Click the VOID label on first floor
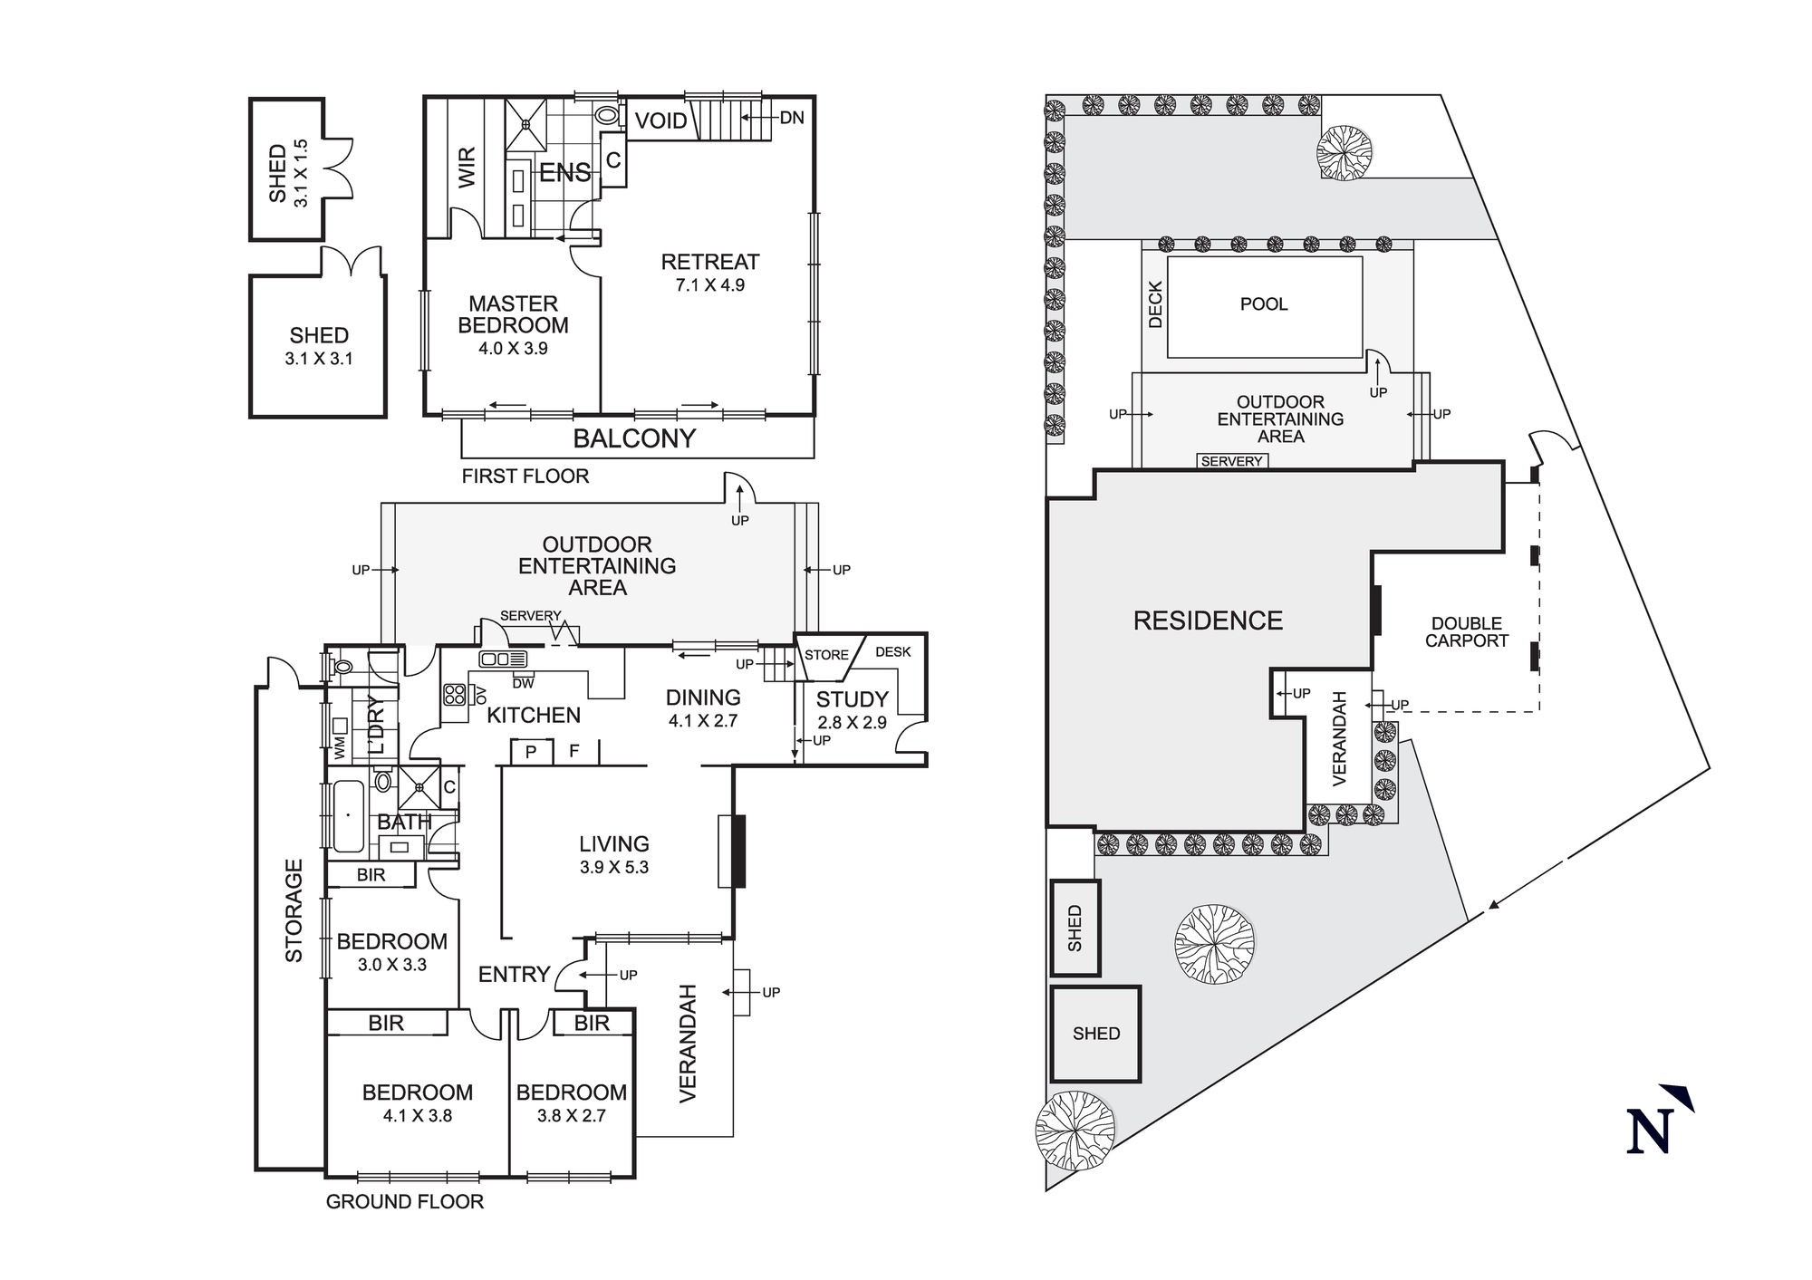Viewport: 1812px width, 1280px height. pos(660,121)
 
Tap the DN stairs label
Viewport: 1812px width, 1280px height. pos(791,118)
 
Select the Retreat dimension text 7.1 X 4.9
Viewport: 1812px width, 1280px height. pos(709,285)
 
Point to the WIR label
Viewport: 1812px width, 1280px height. pos(467,168)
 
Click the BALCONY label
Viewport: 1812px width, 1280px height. pos(634,438)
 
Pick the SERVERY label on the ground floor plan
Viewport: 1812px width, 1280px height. pos(530,616)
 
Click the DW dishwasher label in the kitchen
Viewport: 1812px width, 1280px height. pos(523,683)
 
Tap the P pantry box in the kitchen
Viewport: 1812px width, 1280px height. pos(531,752)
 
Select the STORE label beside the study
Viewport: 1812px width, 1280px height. pos(826,655)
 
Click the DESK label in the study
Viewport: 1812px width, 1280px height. pos(892,652)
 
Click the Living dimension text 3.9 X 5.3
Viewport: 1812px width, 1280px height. pos(614,868)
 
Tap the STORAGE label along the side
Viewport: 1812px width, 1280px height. pos(294,910)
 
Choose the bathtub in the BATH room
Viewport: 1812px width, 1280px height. pos(348,816)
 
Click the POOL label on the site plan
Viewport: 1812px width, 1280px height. pos(1264,304)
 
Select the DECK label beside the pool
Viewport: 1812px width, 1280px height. pos(1155,304)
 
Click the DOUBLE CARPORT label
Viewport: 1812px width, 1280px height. pos(1466,632)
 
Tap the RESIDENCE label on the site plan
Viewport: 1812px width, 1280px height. pos(1208,621)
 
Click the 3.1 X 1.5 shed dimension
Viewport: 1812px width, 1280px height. pos(302,172)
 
